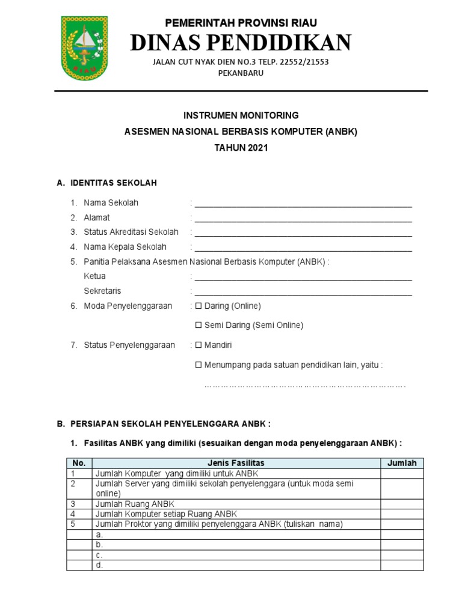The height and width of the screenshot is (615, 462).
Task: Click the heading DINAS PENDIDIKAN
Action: tap(240, 43)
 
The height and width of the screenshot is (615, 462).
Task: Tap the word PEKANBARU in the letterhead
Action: tap(240, 73)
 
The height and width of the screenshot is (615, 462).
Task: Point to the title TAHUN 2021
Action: tap(240, 148)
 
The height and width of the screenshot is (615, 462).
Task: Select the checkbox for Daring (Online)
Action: tap(199, 306)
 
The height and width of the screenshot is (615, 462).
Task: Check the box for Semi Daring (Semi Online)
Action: tap(199, 326)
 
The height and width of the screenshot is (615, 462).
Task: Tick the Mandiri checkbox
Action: tap(199, 345)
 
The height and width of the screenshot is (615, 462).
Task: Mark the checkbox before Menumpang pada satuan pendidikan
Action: tap(199, 365)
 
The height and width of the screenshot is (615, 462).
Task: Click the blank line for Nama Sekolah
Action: tap(303, 204)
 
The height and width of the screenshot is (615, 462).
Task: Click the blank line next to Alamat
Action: tap(303, 219)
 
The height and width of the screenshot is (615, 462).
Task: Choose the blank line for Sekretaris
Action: tap(303, 292)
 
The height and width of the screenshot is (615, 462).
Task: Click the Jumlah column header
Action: tap(402, 463)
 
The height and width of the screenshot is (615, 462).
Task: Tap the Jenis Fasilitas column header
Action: tap(236, 463)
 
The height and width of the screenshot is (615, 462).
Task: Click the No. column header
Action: tap(79, 463)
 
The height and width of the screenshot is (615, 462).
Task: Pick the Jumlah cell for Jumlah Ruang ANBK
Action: tap(402, 504)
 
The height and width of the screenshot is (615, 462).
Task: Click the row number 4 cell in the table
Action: tap(79, 514)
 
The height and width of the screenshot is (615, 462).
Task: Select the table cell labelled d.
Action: tap(236, 565)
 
